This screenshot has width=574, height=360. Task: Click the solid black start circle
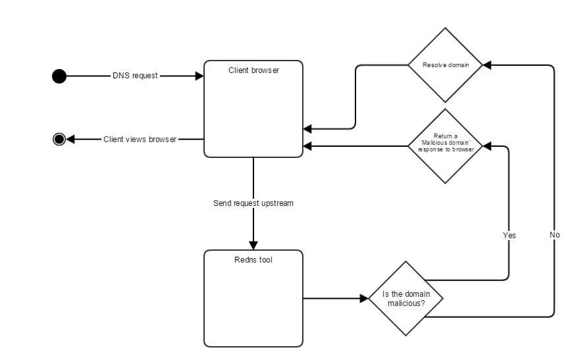point(59,76)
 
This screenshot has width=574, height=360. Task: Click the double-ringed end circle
point(59,139)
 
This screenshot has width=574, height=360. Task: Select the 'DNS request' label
point(135,76)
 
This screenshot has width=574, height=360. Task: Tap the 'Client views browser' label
point(140,139)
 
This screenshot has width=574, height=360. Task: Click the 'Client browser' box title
point(253,70)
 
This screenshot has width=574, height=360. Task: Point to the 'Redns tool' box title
point(253,260)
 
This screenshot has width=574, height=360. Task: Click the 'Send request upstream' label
point(253,203)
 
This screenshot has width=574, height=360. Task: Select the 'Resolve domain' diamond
point(446,65)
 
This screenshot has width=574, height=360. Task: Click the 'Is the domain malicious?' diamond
point(406,298)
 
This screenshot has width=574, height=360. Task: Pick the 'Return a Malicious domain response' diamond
point(446,146)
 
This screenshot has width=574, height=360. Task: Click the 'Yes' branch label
point(509,235)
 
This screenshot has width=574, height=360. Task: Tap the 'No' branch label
point(554,235)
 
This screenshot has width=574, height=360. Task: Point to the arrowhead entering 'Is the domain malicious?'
point(363,298)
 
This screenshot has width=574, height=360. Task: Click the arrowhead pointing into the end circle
point(70,139)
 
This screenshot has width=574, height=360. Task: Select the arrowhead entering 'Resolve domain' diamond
point(487,65)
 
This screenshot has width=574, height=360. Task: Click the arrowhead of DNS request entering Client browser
point(199,76)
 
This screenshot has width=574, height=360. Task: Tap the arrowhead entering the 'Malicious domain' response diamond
point(487,146)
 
